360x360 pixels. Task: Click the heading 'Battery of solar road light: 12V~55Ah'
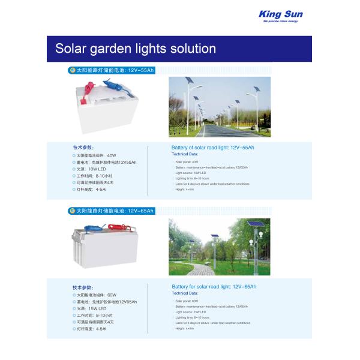212,147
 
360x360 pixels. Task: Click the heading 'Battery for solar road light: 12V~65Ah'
214,287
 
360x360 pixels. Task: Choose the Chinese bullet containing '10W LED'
97,169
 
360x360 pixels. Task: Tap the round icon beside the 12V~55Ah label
71,70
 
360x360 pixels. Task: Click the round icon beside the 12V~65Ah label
71,211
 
